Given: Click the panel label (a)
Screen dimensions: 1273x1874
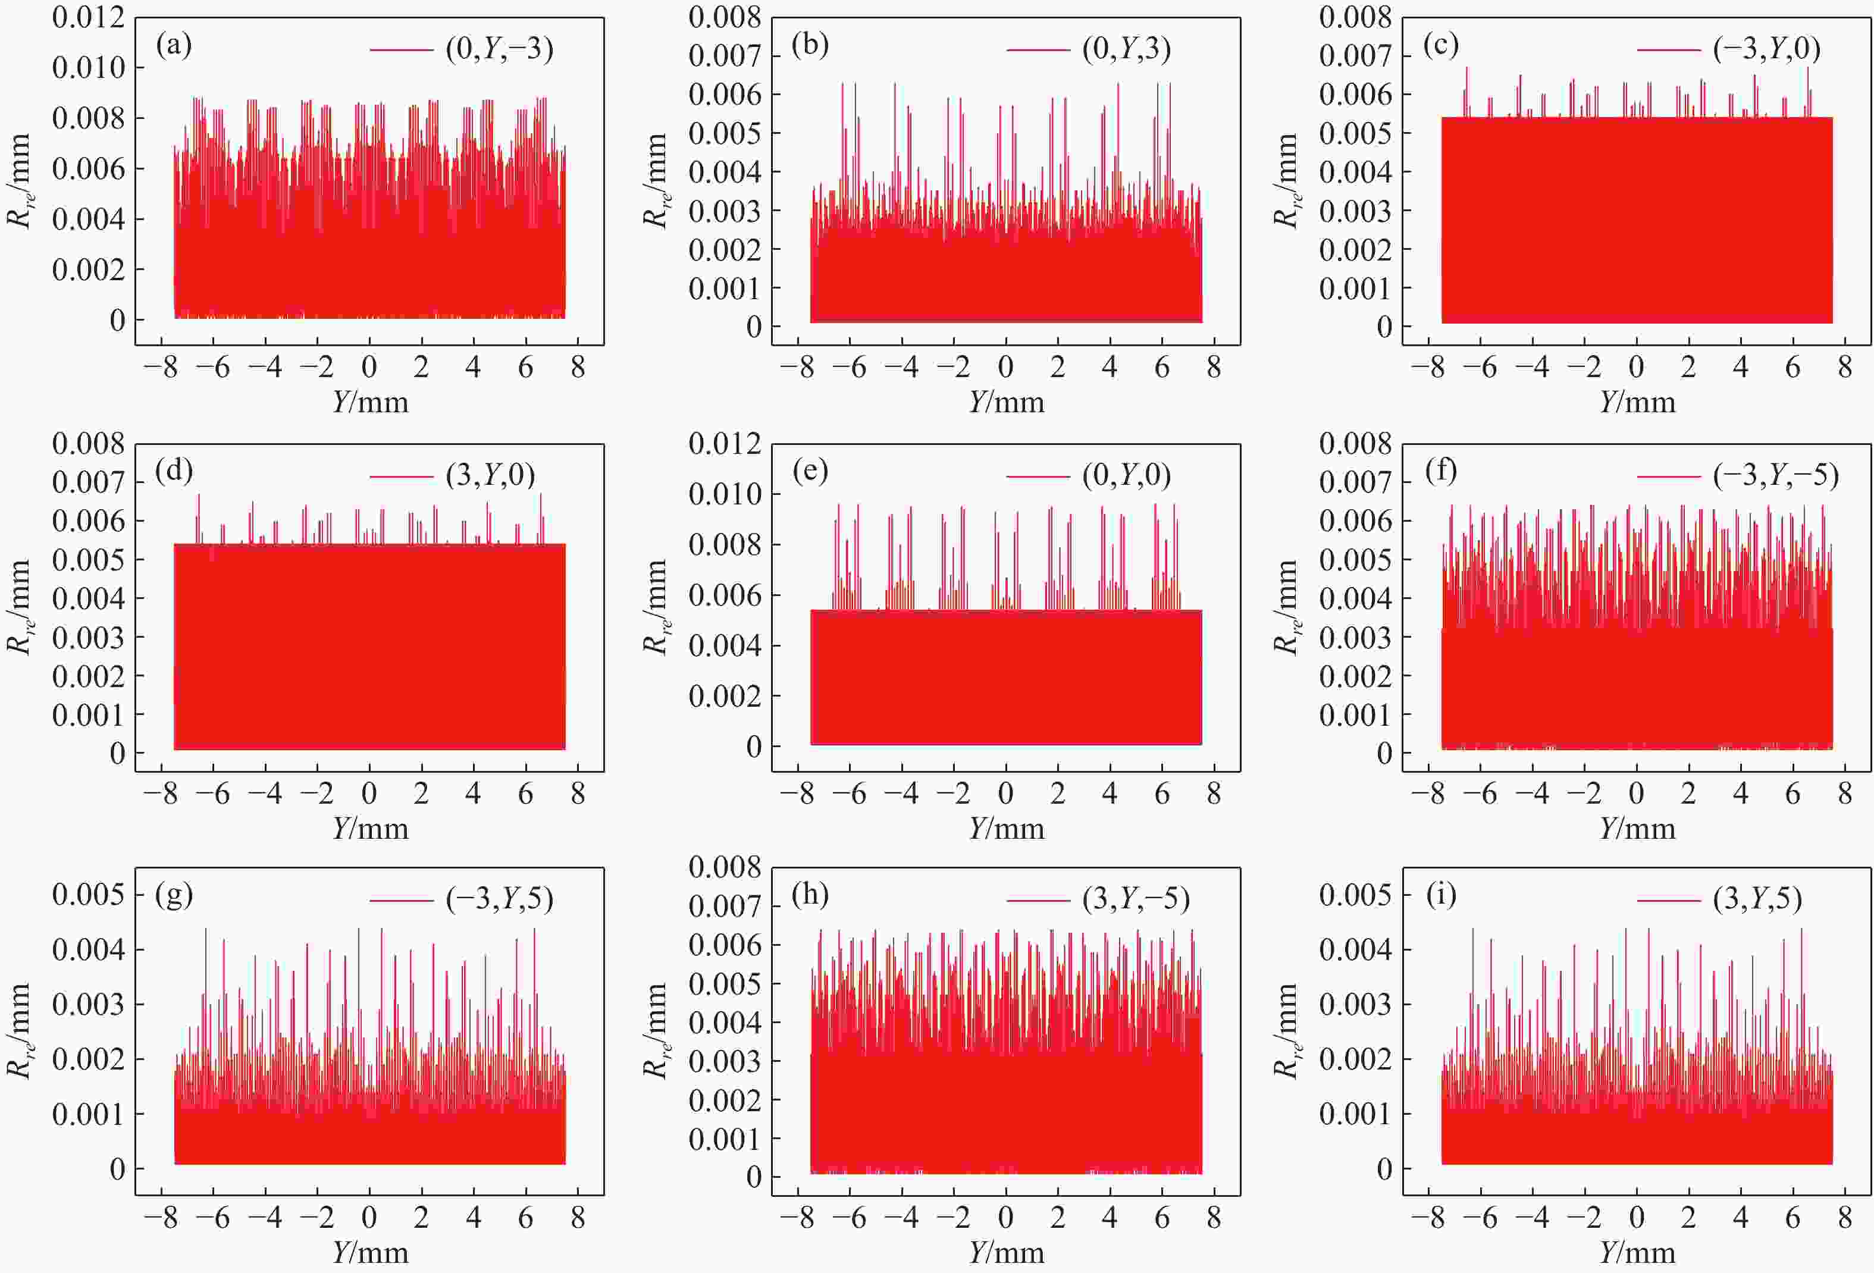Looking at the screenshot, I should tap(174, 46).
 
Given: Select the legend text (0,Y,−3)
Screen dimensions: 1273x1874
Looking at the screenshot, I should tap(499, 49).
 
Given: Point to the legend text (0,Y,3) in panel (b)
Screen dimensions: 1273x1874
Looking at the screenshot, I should tap(1126, 49).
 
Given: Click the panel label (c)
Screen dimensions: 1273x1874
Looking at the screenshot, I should tap(1441, 46).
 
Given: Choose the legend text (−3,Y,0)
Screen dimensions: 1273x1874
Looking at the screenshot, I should tap(1766, 49).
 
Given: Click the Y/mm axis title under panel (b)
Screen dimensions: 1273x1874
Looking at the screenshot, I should tap(1007, 402).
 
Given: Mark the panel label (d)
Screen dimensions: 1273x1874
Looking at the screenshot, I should tap(174, 471).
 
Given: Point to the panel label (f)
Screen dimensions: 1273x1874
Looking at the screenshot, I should tap(1441, 471).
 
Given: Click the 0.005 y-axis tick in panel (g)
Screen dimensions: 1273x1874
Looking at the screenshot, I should tap(89, 894).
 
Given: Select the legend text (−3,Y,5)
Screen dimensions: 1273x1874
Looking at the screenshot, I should tap(499, 898).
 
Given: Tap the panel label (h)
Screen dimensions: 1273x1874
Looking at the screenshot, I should tap(810, 894).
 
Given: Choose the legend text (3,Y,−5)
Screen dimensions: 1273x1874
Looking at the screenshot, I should tap(1135, 898).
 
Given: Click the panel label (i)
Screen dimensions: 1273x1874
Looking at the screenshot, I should tap(1441, 894).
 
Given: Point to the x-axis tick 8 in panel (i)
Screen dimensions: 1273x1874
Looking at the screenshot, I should tap(1845, 1217).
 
